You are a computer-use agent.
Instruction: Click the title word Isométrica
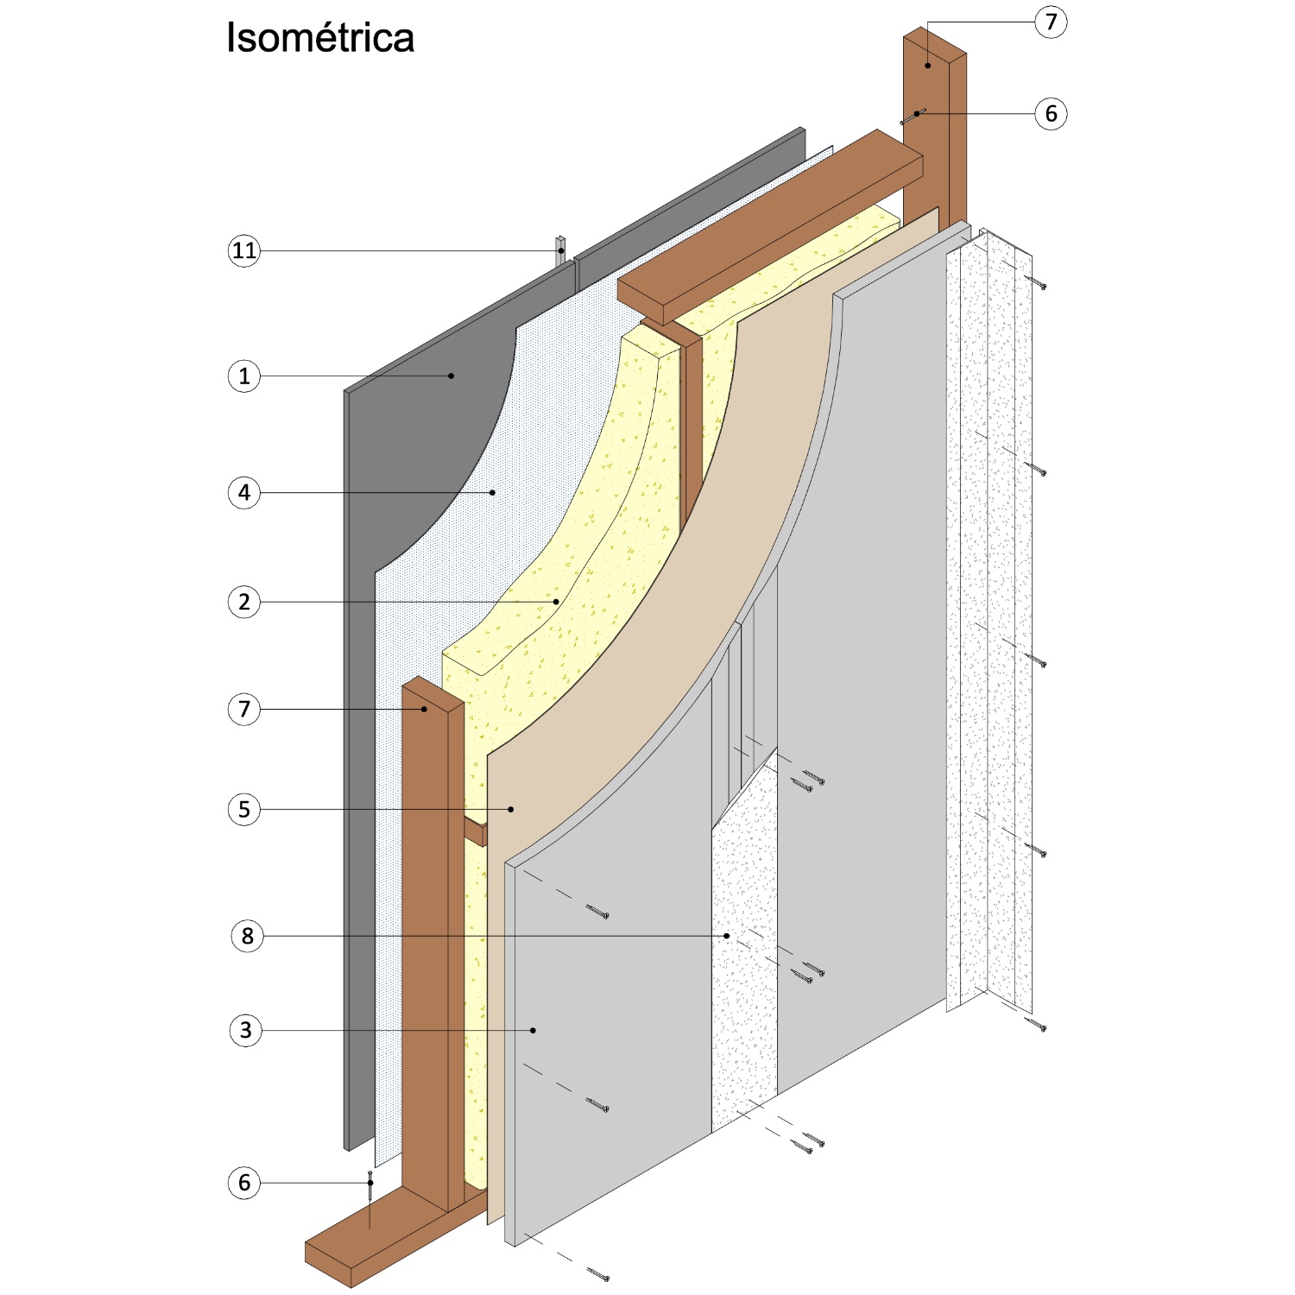click(x=320, y=38)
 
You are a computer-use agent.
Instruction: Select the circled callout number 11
click(x=244, y=251)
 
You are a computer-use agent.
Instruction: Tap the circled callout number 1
click(x=244, y=376)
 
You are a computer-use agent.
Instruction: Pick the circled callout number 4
click(x=244, y=493)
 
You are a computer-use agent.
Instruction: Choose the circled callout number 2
click(x=244, y=602)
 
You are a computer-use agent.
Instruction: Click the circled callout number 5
click(x=244, y=810)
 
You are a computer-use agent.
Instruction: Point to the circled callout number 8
click(x=247, y=936)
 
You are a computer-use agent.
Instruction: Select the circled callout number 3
click(x=246, y=1030)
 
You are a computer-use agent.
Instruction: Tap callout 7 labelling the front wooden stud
click(x=244, y=710)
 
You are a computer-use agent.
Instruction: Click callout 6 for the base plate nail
click(x=244, y=1183)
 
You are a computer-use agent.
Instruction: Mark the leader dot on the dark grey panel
click(x=451, y=376)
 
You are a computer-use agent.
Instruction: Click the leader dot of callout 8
click(x=727, y=936)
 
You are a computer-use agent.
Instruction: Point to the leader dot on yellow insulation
click(x=557, y=602)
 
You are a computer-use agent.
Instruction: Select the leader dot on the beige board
click(x=511, y=809)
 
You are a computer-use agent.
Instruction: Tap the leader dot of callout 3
click(x=534, y=1030)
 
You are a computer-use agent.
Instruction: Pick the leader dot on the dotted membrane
click(x=493, y=493)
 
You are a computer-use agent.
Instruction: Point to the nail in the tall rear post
click(x=913, y=117)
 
